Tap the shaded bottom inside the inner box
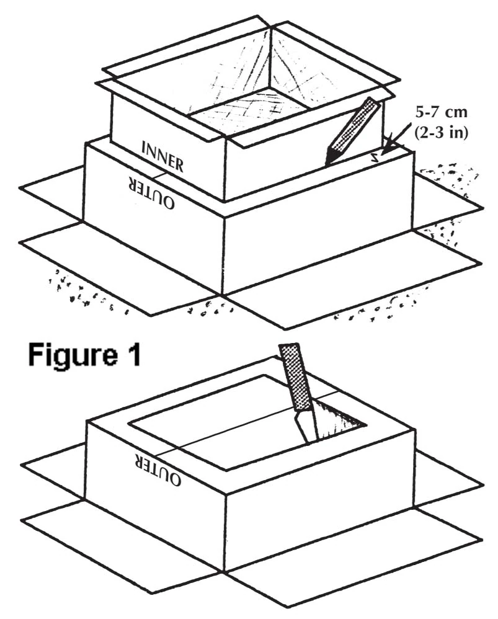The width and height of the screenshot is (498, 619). [x=248, y=111]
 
